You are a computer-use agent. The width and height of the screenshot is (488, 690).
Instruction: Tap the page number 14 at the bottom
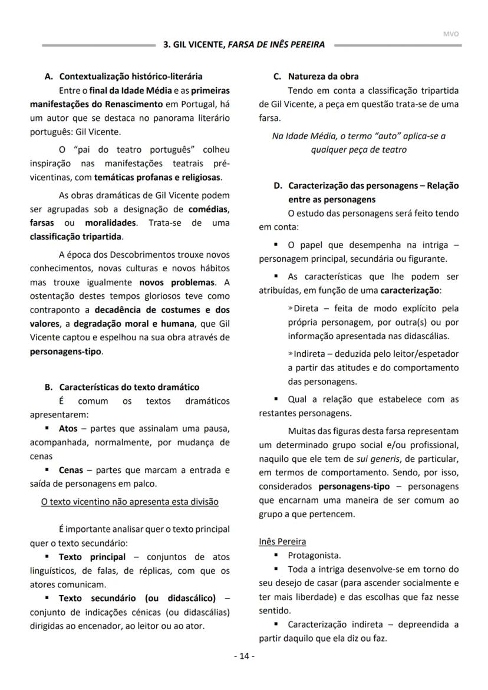244,656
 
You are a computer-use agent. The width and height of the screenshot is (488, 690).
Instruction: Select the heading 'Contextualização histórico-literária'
130,76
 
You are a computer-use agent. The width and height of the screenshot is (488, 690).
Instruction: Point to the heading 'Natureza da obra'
323,76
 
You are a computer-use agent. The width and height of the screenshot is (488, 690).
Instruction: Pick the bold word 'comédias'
209,209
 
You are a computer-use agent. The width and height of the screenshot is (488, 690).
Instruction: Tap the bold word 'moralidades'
110,223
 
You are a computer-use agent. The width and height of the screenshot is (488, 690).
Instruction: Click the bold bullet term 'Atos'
68,428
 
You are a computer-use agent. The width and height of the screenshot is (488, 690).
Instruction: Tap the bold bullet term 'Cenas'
71,470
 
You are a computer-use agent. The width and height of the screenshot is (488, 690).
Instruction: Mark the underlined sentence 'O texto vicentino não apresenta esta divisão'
130,501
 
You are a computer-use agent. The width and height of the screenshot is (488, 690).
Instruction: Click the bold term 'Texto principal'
92,557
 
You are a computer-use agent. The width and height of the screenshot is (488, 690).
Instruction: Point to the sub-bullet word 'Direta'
305,308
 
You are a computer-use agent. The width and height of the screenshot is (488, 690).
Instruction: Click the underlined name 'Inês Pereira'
282,541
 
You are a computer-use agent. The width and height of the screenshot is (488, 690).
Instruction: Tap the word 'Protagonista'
314,555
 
